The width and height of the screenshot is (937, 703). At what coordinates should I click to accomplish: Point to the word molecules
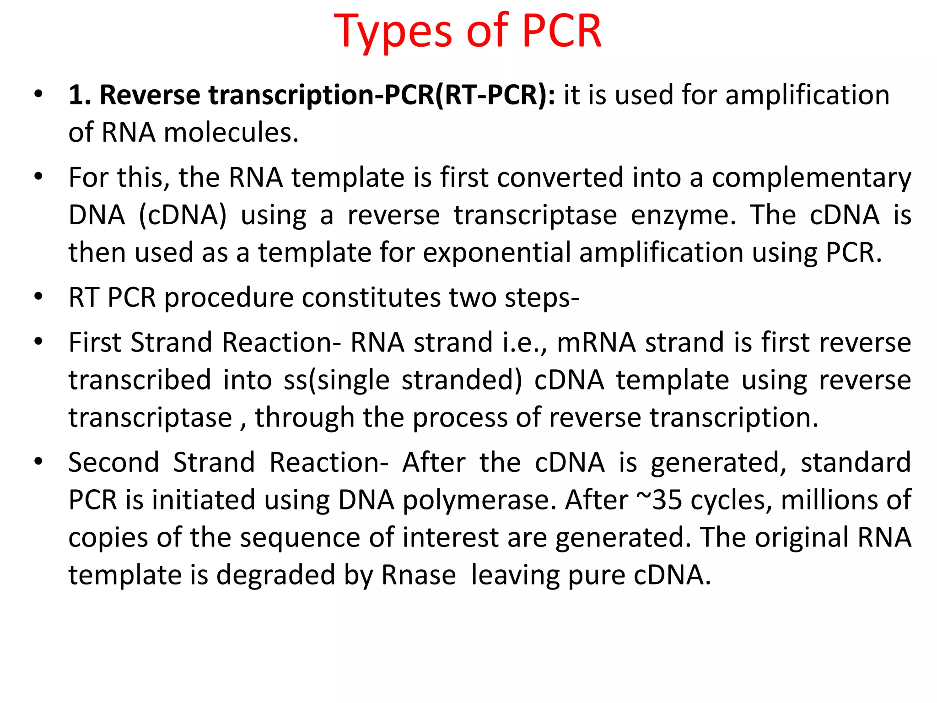231,133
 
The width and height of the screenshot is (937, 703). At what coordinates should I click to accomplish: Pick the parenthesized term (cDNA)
183,215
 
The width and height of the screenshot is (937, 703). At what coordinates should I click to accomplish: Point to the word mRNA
596,342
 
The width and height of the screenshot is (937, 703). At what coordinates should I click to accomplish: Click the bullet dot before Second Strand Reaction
38,461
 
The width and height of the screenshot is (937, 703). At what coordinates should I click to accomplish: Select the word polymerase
479,500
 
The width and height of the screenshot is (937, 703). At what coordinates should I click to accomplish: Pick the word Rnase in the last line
419,575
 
